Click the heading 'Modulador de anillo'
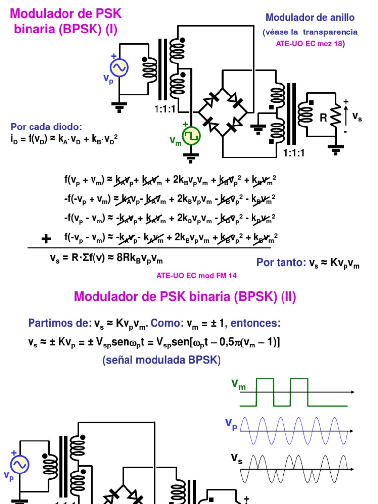pyautogui.click(x=310, y=18)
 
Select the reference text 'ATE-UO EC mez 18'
pyautogui.click(x=310, y=44)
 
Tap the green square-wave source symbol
pyautogui.click(x=191, y=137)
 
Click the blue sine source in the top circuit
pyautogui.click(x=119, y=67)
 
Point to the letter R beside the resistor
pyautogui.click(x=323, y=118)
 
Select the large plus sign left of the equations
pyautogui.click(x=46, y=239)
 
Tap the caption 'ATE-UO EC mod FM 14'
pyautogui.click(x=196, y=276)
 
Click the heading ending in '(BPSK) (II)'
pyautogui.click(x=185, y=297)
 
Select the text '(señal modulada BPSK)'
pyautogui.click(x=161, y=360)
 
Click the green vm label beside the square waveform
pyautogui.click(x=238, y=385)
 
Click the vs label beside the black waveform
pyautogui.click(x=237, y=459)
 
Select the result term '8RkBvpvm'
pyautogui.click(x=145, y=259)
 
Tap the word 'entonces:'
pyautogui.click(x=255, y=323)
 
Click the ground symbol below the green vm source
pyautogui.click(x=191, y=158)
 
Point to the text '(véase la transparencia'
pyautogui.click(x=310, y=32)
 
